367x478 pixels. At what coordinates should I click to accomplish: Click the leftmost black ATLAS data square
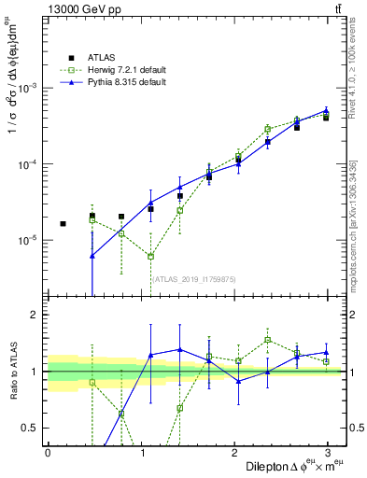coord(63,224)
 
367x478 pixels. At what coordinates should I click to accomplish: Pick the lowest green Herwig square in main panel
coord(150,256)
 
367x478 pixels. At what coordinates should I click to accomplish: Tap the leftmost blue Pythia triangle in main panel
coord(92,255)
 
